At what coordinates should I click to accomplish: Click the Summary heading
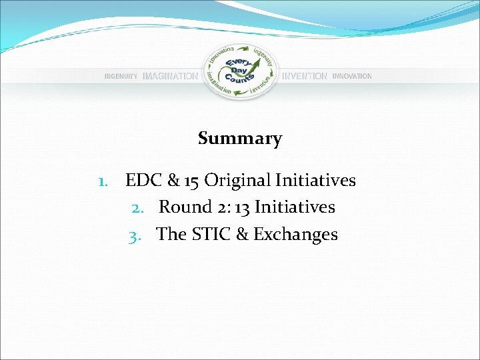[240, 139]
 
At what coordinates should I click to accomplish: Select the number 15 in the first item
[191, 181]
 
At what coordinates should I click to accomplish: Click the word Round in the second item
[185, 207]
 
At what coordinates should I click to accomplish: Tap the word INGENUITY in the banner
[121, 77]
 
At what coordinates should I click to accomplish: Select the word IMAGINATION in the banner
[170, 77]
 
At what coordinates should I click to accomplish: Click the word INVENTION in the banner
[305, 77]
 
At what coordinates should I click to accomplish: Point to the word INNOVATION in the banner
[352, 77]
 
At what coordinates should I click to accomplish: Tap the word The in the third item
[171, 235]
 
